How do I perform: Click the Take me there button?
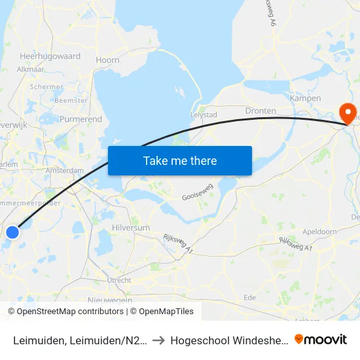[180, 161]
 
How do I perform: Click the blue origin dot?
[12, 232]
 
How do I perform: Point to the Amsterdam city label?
[65, 171]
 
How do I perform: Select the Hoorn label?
[107, 60]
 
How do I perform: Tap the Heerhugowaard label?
[50, 56]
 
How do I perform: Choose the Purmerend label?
[81, 120]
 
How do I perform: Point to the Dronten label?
[261, 111]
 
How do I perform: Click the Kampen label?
[305, 99]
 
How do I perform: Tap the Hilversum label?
[131, 227]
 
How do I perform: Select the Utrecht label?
[119, 280]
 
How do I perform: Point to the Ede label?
[250, 297]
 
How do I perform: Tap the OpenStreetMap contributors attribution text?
[69, 312]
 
